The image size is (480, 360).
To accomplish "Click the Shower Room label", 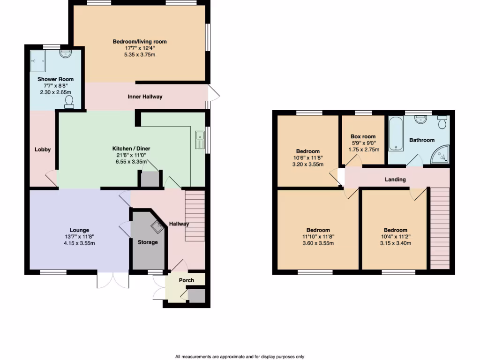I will (x=55, y=79).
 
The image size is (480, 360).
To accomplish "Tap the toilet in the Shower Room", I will (x=69, y=102).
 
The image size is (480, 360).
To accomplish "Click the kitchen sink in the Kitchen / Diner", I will (x=200, y=139).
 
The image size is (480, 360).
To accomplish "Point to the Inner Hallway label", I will (x=145, y=97).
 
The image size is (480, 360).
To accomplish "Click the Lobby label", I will (x=42, y=150).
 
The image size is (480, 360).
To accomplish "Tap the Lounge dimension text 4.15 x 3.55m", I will (x=79, y=243).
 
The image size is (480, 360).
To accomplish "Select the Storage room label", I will (x=147, y=242).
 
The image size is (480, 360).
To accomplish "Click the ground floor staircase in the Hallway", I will (x=195, y=216).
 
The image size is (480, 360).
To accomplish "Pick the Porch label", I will (x=187, y=280).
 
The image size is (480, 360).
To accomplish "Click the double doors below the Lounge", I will (x=113, y=280).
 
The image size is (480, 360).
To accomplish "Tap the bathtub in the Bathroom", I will (x=396, y=135).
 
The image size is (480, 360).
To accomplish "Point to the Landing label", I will (x=395, y=180).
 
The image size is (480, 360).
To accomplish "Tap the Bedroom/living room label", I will (x=139, y=42).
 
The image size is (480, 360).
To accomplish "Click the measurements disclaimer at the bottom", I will (x=240, y=357).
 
